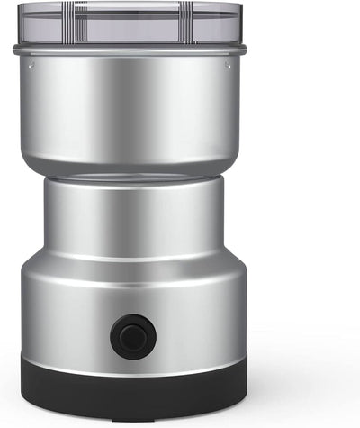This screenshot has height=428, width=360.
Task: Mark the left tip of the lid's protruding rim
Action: [x=14, y=50]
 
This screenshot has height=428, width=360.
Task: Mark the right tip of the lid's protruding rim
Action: [x=247, y=50]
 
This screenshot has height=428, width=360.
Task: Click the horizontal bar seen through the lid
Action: [x=130, y=41]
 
